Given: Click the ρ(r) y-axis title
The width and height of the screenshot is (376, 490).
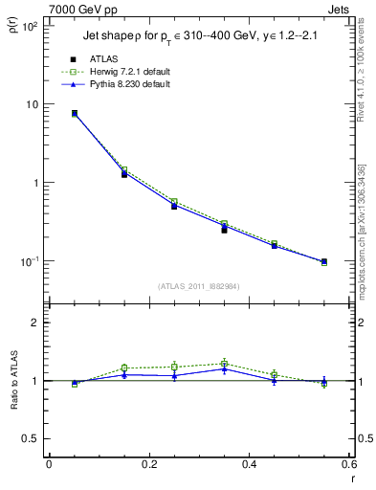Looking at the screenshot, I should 12,29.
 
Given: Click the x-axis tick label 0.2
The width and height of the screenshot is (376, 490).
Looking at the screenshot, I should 148,465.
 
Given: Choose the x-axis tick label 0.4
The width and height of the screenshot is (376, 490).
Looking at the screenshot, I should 249,465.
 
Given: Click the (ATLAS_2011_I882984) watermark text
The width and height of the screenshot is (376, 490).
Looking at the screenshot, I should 198,285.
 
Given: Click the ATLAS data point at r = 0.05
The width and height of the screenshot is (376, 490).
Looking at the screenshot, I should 75,113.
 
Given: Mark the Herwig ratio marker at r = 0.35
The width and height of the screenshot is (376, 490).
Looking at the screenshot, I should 224,364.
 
